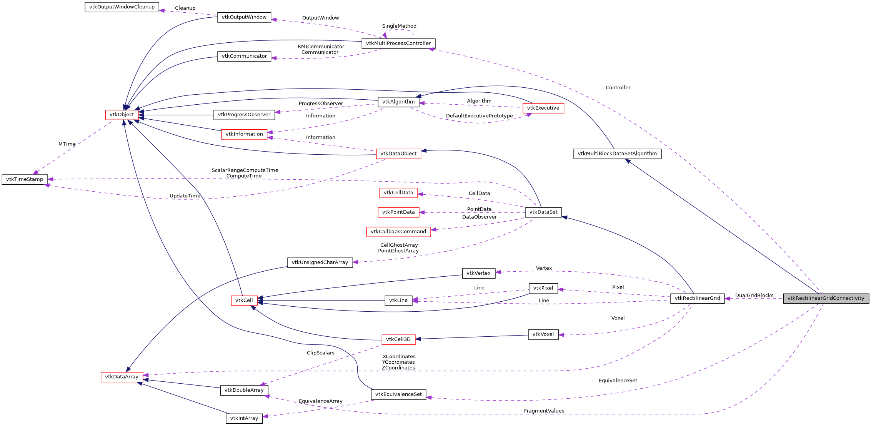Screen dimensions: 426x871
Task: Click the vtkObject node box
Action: [122, 115]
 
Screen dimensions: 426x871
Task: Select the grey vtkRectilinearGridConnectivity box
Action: [826, 298]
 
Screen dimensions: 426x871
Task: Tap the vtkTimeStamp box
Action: [25, 179]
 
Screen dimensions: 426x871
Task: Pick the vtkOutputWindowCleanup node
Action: [122, 7]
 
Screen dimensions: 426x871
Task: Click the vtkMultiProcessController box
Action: [398, 43]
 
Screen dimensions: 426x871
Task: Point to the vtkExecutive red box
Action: [543, 108]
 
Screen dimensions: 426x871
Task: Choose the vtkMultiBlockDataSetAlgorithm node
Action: [617, 154]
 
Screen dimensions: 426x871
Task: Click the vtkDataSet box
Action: [543, 212]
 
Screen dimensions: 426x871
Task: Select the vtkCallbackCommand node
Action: [398, 232]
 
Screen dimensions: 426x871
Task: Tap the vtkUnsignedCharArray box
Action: [320, 262]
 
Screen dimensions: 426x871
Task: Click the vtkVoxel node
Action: [543, 334]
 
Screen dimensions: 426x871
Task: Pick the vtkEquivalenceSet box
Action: [398, 394]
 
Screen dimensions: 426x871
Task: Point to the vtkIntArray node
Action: [244, 418]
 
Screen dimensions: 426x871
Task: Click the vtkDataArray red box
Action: [122, 377]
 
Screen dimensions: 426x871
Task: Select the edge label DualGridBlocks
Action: [754, 296]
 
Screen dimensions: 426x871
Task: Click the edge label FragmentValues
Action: [544, 411]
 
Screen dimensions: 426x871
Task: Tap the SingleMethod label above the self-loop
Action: [399, 26]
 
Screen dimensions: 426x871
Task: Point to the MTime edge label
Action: [67, 144]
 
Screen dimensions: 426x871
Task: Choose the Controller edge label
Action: [618, 88]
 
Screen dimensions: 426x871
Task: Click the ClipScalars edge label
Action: [320, 353]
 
